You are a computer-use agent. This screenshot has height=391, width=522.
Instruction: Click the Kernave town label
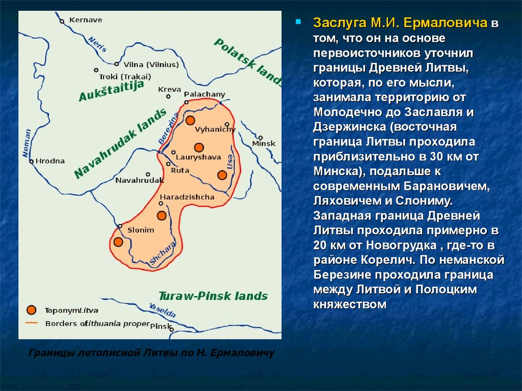86,20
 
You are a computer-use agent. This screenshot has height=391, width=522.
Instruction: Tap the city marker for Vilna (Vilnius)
117,64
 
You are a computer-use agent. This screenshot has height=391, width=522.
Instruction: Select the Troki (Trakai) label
125,77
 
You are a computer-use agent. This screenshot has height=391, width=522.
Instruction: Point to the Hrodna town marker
31,161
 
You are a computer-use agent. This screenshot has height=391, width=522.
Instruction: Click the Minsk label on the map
264,144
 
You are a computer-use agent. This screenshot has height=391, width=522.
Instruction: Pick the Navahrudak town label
140,181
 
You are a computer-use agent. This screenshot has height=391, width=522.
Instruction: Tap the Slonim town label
141,230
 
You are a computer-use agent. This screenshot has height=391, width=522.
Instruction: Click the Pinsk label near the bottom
161,326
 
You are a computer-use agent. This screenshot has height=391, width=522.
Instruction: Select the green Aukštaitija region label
112,90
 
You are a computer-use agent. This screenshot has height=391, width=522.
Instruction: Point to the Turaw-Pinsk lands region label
213,296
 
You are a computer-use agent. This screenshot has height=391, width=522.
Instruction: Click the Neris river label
97,44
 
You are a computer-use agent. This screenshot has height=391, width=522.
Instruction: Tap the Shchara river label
162,254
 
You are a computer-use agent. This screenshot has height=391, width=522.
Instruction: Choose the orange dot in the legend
31,310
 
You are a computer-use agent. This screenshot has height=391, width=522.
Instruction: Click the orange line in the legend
32,323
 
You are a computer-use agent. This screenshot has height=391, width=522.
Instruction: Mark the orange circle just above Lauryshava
199,147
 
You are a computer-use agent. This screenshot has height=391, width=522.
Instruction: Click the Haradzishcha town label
187,197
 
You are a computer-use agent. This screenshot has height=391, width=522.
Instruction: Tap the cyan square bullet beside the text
298,22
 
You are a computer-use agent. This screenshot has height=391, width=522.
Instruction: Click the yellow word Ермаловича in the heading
446,23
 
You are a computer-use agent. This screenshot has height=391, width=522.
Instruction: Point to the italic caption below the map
151,353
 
